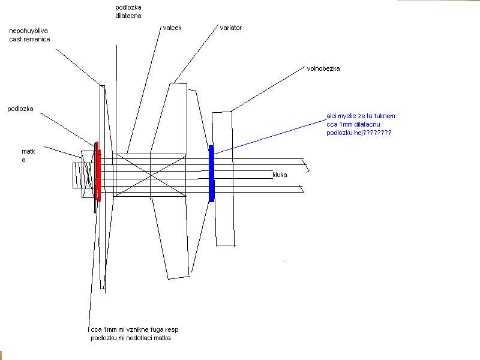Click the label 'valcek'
[x=172, y=28]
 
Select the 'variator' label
[x=231, y=28]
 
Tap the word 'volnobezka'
[x=323, y=68]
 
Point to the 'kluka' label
[x=280, y=175]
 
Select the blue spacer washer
[x=211, y=173]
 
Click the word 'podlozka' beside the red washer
[x=20, y=109]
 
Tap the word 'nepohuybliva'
[x=28, y=31]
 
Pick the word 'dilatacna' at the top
[x=128, y=16]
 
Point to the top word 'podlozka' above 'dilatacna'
[x=128, y=7]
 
